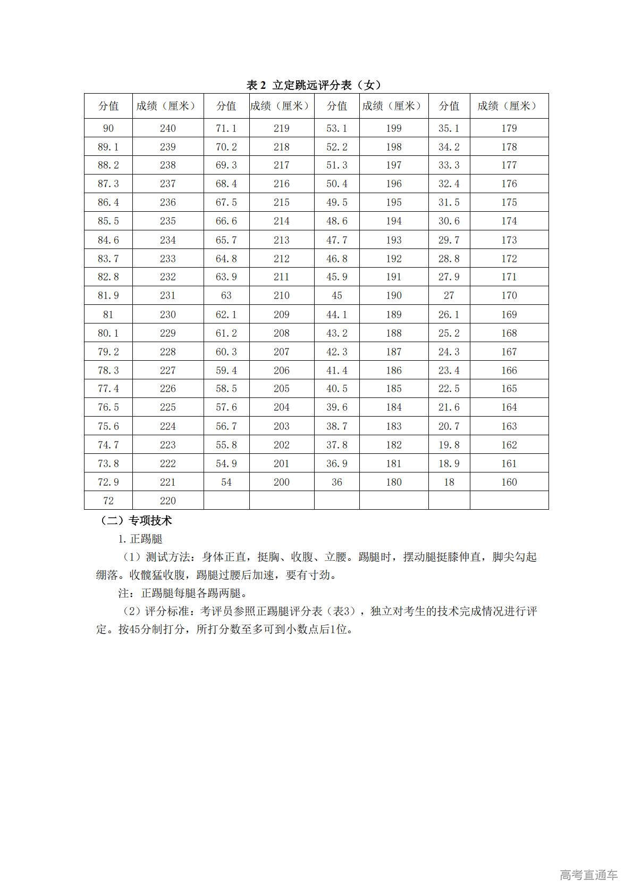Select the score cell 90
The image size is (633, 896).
pyautogui.click(x=108, y=128)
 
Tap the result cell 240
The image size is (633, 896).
pyautogui.click(x=168, y=128)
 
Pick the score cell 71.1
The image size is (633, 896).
pyautogui.click(x=226, y=128)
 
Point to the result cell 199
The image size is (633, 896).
pyautogui.click(x=394, y=128)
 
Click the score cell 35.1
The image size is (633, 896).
pyautogui.click(x=449, y=128)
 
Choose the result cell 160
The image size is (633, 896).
pyautogui.click(x=509, y=482)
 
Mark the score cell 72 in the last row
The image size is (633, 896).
pyautogui.click(x=108, y=501)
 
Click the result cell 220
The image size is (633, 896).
pyautogui.click(x=168, y=501)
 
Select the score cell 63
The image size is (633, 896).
pyautogui.click(x=226, y=295)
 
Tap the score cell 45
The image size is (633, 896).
pyautogui.click(x=337, y=295)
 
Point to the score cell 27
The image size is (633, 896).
pyautogui.click(x=449, y=295)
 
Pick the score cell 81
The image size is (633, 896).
pyautogui.click(x=108, y=314)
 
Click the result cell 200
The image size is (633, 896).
pyautogui.click(x=282, y=482)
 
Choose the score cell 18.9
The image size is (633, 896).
pyautogui.click(x=449, y=463)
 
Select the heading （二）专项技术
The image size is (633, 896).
pyautogui.click(x=136, y=520)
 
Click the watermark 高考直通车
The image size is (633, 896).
pyautogui.click(x=588, y=875)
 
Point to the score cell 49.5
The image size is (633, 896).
pyautogui.click(x=337, y=202)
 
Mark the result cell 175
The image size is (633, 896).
pyautogui.click(x=509, y=202)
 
